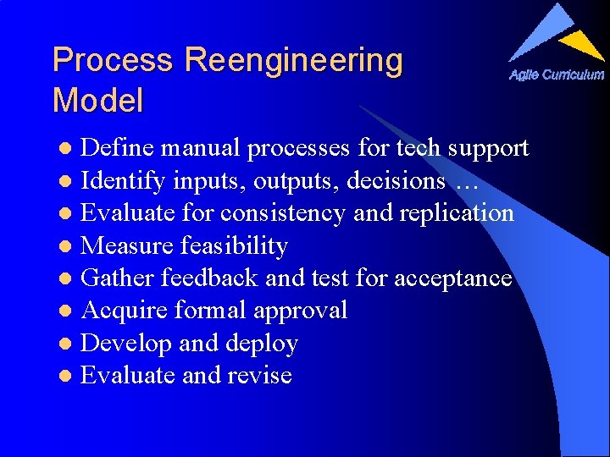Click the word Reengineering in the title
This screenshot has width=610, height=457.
coord(293,62)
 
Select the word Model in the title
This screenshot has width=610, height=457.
coord(97,102)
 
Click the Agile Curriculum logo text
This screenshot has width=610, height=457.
coord(557,74)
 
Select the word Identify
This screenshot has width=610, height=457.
coord(123,181)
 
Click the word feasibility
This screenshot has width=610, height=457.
coord(235,246)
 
